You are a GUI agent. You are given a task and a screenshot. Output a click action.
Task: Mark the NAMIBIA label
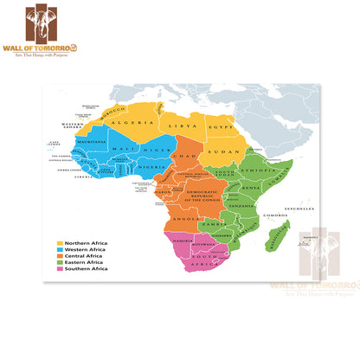coord(183,239)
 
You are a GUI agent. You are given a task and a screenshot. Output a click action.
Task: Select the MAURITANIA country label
coord(92,141)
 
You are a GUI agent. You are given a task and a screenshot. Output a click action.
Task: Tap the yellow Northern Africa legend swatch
coord(61,243)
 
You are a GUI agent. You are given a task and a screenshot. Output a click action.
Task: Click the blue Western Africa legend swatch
coord(61,250)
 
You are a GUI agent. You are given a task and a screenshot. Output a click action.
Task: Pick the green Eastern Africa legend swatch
coord(61,262)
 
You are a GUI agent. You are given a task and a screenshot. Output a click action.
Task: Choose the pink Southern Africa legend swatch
coord(61,269)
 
